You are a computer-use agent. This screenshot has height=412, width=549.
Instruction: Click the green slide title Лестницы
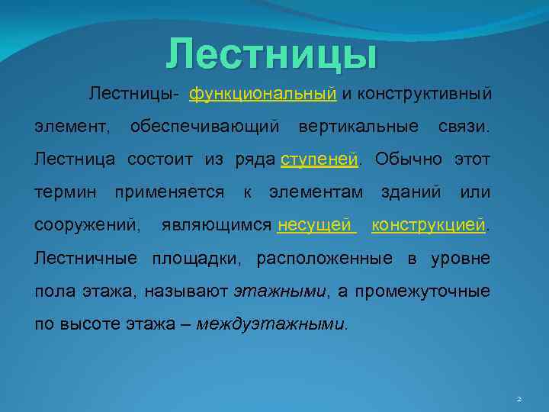(x=272, y=54)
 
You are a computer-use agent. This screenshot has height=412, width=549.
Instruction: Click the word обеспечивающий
(x=205, y=125)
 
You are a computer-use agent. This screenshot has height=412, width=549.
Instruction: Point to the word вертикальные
(x=358, y=125)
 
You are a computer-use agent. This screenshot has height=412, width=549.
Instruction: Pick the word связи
(x=464, y=125)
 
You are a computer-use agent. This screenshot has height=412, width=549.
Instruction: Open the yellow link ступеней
(x=319, y=159)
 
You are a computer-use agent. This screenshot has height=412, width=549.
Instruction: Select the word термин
(x=66, y=192)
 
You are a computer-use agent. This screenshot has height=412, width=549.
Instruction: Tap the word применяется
(x=169, y=192)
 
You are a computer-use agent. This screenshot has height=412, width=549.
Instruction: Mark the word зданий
(x=411, y=192)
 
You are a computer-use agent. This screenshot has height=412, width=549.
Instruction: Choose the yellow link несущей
(x=316, y=226)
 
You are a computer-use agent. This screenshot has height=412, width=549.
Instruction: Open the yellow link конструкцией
(x=429, y=226)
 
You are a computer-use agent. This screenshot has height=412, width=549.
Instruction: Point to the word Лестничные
(x=86, y=259)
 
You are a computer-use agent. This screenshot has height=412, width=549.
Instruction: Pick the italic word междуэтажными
(x=271, y=323)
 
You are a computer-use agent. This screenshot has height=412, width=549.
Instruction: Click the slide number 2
(x=518, y=398)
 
